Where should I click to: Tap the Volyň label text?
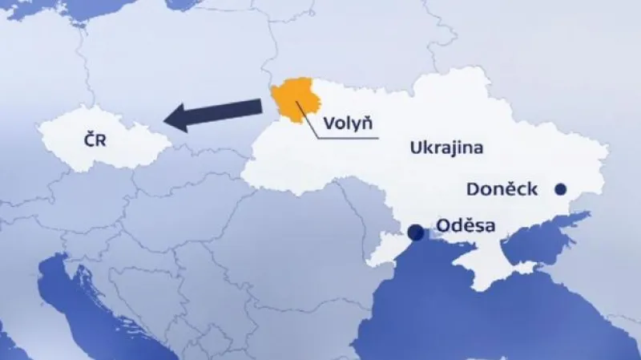(349, 123)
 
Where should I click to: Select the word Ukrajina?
(448, 148)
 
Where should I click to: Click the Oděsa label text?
(467, 227)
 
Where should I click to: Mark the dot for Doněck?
(561, 189)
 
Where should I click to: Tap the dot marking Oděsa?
(416, 233)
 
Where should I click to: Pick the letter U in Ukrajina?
(415, 148)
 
